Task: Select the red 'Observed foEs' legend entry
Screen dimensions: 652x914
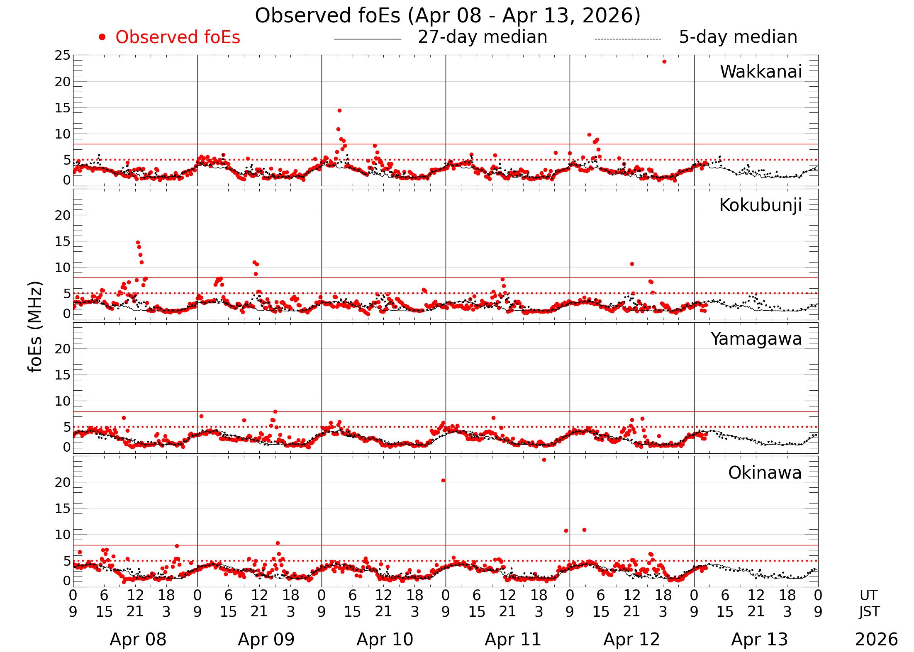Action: [178, 37]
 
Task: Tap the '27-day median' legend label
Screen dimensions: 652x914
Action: [483, 37]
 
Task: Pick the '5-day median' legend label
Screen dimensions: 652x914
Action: [738, 37]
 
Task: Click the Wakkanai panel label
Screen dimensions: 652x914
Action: [760, 72]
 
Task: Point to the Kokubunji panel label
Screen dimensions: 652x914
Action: [760, 205]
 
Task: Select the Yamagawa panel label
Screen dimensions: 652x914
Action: [756, 339]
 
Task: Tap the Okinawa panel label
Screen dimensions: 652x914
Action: [765, 473]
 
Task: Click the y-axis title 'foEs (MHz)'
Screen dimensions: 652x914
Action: [36, 327]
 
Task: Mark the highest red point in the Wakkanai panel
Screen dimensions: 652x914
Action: [664, 62]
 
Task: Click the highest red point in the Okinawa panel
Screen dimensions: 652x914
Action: [544, 460]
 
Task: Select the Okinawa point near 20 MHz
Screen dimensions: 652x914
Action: [443, 480]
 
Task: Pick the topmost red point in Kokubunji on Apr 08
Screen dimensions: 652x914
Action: [138, 243]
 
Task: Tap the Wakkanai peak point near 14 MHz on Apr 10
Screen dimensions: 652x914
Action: [339, 110]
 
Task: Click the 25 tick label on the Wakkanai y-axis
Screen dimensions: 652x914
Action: [62, 56]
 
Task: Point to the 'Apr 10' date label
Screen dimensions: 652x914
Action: [385, 640]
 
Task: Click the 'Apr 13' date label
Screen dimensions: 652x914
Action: [759, 640]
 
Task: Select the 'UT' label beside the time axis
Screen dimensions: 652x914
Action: [868, 595]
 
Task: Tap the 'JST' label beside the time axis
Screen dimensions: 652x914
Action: [869, 612]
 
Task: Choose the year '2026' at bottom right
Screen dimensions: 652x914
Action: [876, 640]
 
